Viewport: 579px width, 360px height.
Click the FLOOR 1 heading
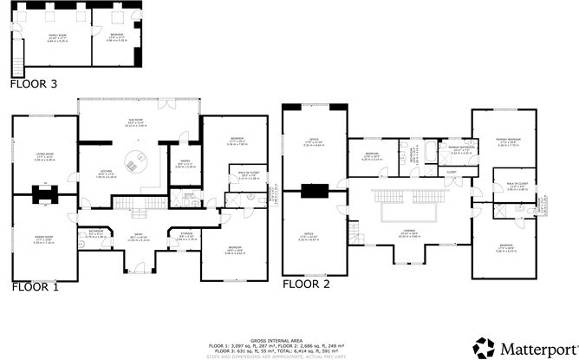35,285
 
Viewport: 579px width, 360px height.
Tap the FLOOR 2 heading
306,283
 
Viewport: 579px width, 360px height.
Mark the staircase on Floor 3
15,63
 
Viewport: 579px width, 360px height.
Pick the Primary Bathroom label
459,150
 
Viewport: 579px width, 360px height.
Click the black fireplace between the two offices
313,191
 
